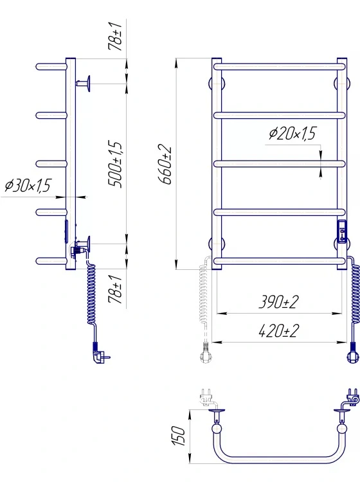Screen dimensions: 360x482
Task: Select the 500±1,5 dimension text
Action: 115,164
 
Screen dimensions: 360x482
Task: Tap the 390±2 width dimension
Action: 278,302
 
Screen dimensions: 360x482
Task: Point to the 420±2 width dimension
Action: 278,331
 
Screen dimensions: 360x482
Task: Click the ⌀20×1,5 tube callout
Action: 292,134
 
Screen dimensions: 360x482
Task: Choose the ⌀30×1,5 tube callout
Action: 28,185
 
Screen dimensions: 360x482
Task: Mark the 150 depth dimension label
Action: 178,436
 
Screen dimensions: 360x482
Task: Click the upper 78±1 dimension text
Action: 115,37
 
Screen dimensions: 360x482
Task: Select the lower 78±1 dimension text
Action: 115,290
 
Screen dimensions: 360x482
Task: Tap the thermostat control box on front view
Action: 342,232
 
